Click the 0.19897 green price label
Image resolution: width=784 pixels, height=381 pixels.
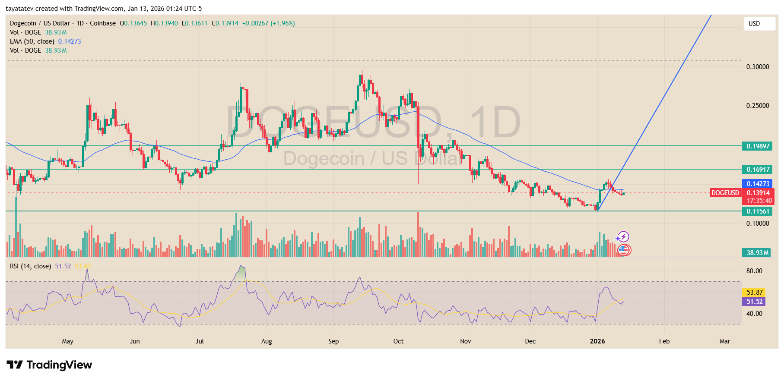[x=757, y=146]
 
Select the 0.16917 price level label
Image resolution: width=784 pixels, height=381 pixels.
[x=757, y=170]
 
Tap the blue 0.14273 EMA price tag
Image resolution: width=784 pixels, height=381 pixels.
[x=758, y=184]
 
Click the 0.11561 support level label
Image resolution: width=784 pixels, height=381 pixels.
[x=757, y=211]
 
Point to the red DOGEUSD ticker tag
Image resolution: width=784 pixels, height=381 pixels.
[x=725, y=193]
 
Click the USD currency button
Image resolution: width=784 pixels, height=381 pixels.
[x=759, y=24]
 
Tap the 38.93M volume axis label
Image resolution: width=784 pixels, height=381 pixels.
[x=757, y=253]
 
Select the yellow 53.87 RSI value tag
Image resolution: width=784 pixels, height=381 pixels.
[x=754, y=293]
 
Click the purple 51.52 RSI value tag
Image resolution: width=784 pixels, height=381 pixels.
[x=754, y=302]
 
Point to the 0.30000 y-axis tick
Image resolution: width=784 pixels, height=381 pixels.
[x=757, y=67]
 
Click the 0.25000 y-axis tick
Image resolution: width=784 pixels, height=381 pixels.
[x=757, y=106]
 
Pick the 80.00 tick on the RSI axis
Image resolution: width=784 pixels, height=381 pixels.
[x=754, y=271]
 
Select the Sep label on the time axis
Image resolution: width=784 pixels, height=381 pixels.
[x=333, y=341]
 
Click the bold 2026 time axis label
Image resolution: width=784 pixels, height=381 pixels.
[x=597, y=341]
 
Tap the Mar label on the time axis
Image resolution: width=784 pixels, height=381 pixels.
[x=724, y=341]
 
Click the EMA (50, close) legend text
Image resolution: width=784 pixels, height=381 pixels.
[x=32, y=41]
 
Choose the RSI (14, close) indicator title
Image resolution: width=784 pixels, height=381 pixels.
[x=30, y=266]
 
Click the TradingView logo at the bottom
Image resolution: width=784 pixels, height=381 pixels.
[x=49, y=365]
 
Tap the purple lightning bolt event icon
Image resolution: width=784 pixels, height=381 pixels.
[x=623, y=237]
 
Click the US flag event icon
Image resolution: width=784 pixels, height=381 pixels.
[x=623, y=249]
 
